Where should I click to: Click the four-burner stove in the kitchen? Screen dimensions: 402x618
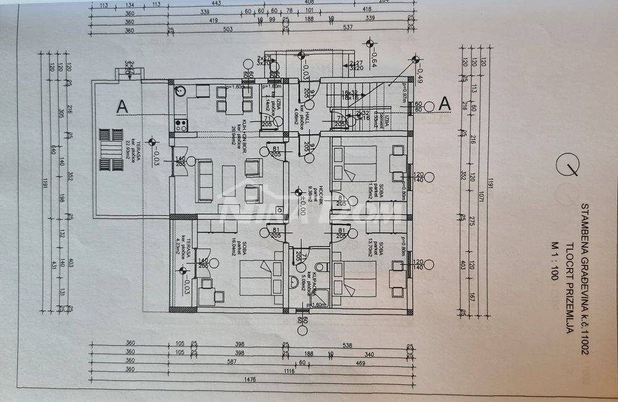click(182, 124)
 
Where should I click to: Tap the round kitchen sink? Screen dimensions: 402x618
click(180, 91)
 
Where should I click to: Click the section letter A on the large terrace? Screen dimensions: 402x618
click(122, 106)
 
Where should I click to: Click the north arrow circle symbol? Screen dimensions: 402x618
click(567, 165)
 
